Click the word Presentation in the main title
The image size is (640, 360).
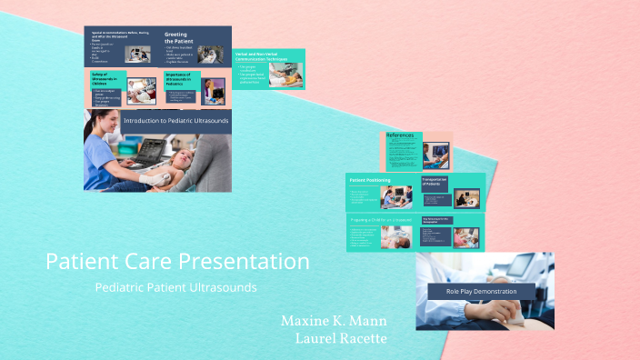[243, 262]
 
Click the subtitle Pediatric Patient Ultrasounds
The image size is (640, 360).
[175, 287]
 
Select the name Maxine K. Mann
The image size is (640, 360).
[335, 321]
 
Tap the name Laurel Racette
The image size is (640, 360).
[342, 338]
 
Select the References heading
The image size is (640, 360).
[401, 135]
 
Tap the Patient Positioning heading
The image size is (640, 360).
[370, 181]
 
